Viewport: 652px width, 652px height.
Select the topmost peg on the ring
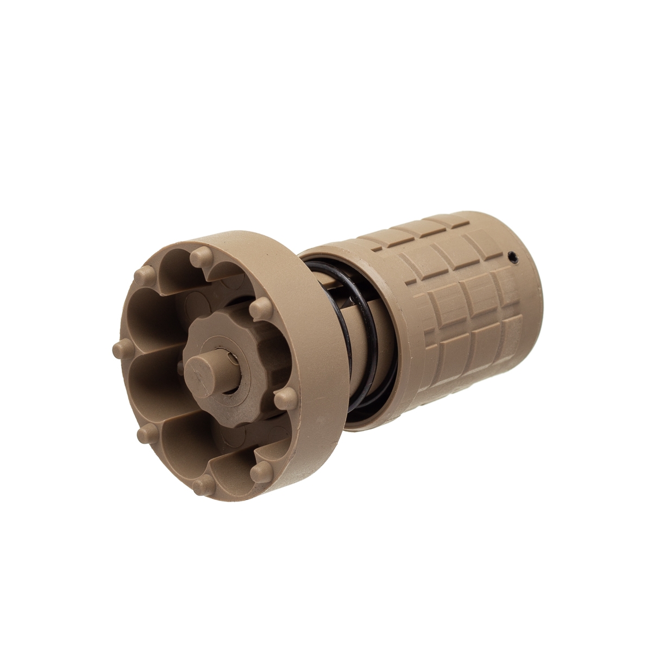(203, 253)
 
